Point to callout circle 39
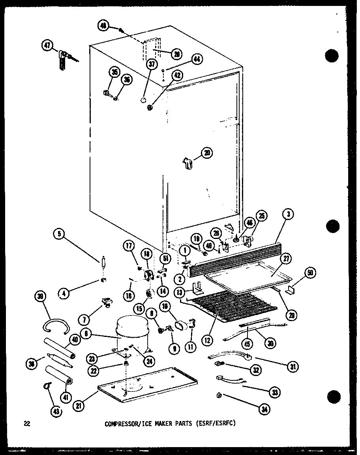coord(41,296)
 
